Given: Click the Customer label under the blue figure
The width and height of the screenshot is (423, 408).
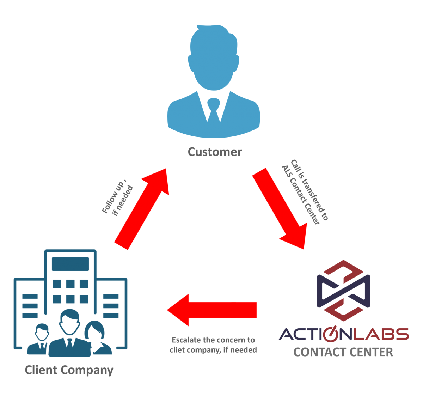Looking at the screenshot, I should [215, 152].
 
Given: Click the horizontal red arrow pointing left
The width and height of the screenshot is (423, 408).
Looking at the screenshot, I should [211, 310].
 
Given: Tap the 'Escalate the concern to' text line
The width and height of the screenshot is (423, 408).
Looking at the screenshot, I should [213, 340].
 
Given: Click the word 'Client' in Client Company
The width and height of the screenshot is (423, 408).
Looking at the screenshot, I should [41, 370].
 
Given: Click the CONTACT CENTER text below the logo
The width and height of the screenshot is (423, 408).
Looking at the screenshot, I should [343, 352].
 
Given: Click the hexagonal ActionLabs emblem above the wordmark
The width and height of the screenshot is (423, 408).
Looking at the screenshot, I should [343, 290].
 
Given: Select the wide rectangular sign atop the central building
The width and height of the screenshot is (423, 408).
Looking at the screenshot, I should [70, 264].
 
